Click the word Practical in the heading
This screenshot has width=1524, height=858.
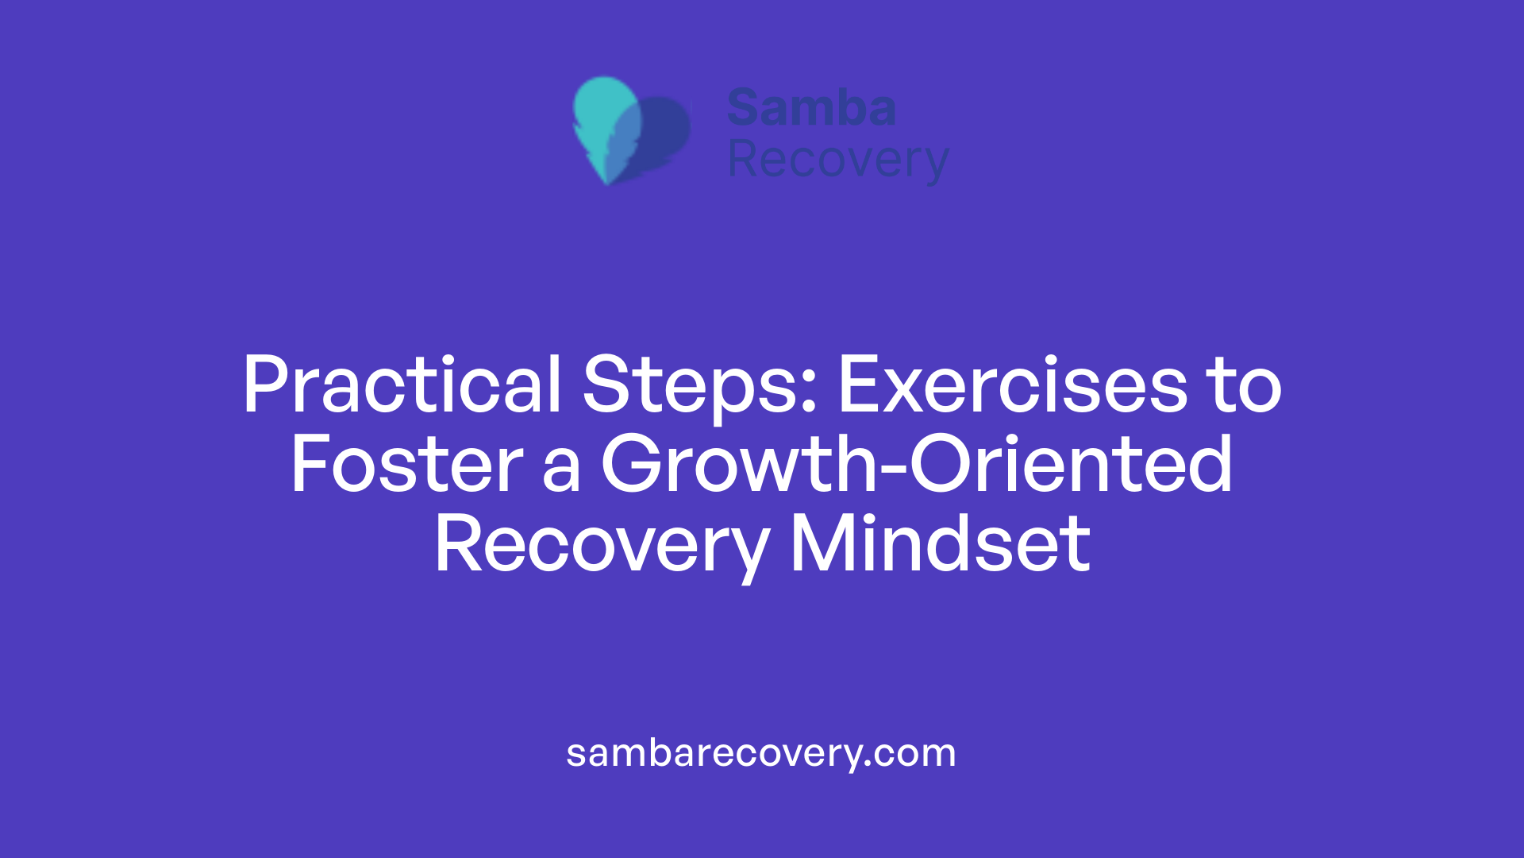(x=402, y=386)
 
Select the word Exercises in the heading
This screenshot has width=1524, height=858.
(x=1012, y=386)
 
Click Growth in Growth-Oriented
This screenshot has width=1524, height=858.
(x=738, y=466)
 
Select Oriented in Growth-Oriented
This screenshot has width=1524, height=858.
(x=1071, y=466)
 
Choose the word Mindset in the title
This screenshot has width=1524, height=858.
(x=941, y=545)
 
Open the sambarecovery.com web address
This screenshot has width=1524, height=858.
(x=761, y=753)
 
